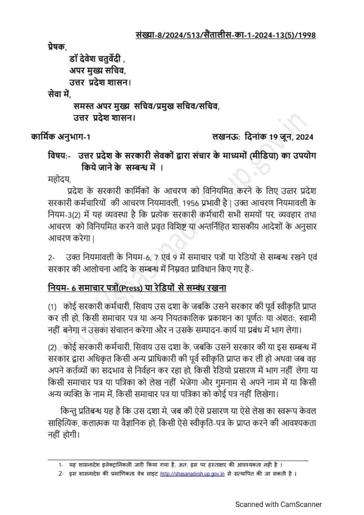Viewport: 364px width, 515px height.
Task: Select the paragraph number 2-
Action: point(52,257)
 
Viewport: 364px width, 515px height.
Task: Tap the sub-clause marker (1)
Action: point(52,307)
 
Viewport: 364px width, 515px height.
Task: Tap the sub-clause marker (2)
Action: point(52,348)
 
